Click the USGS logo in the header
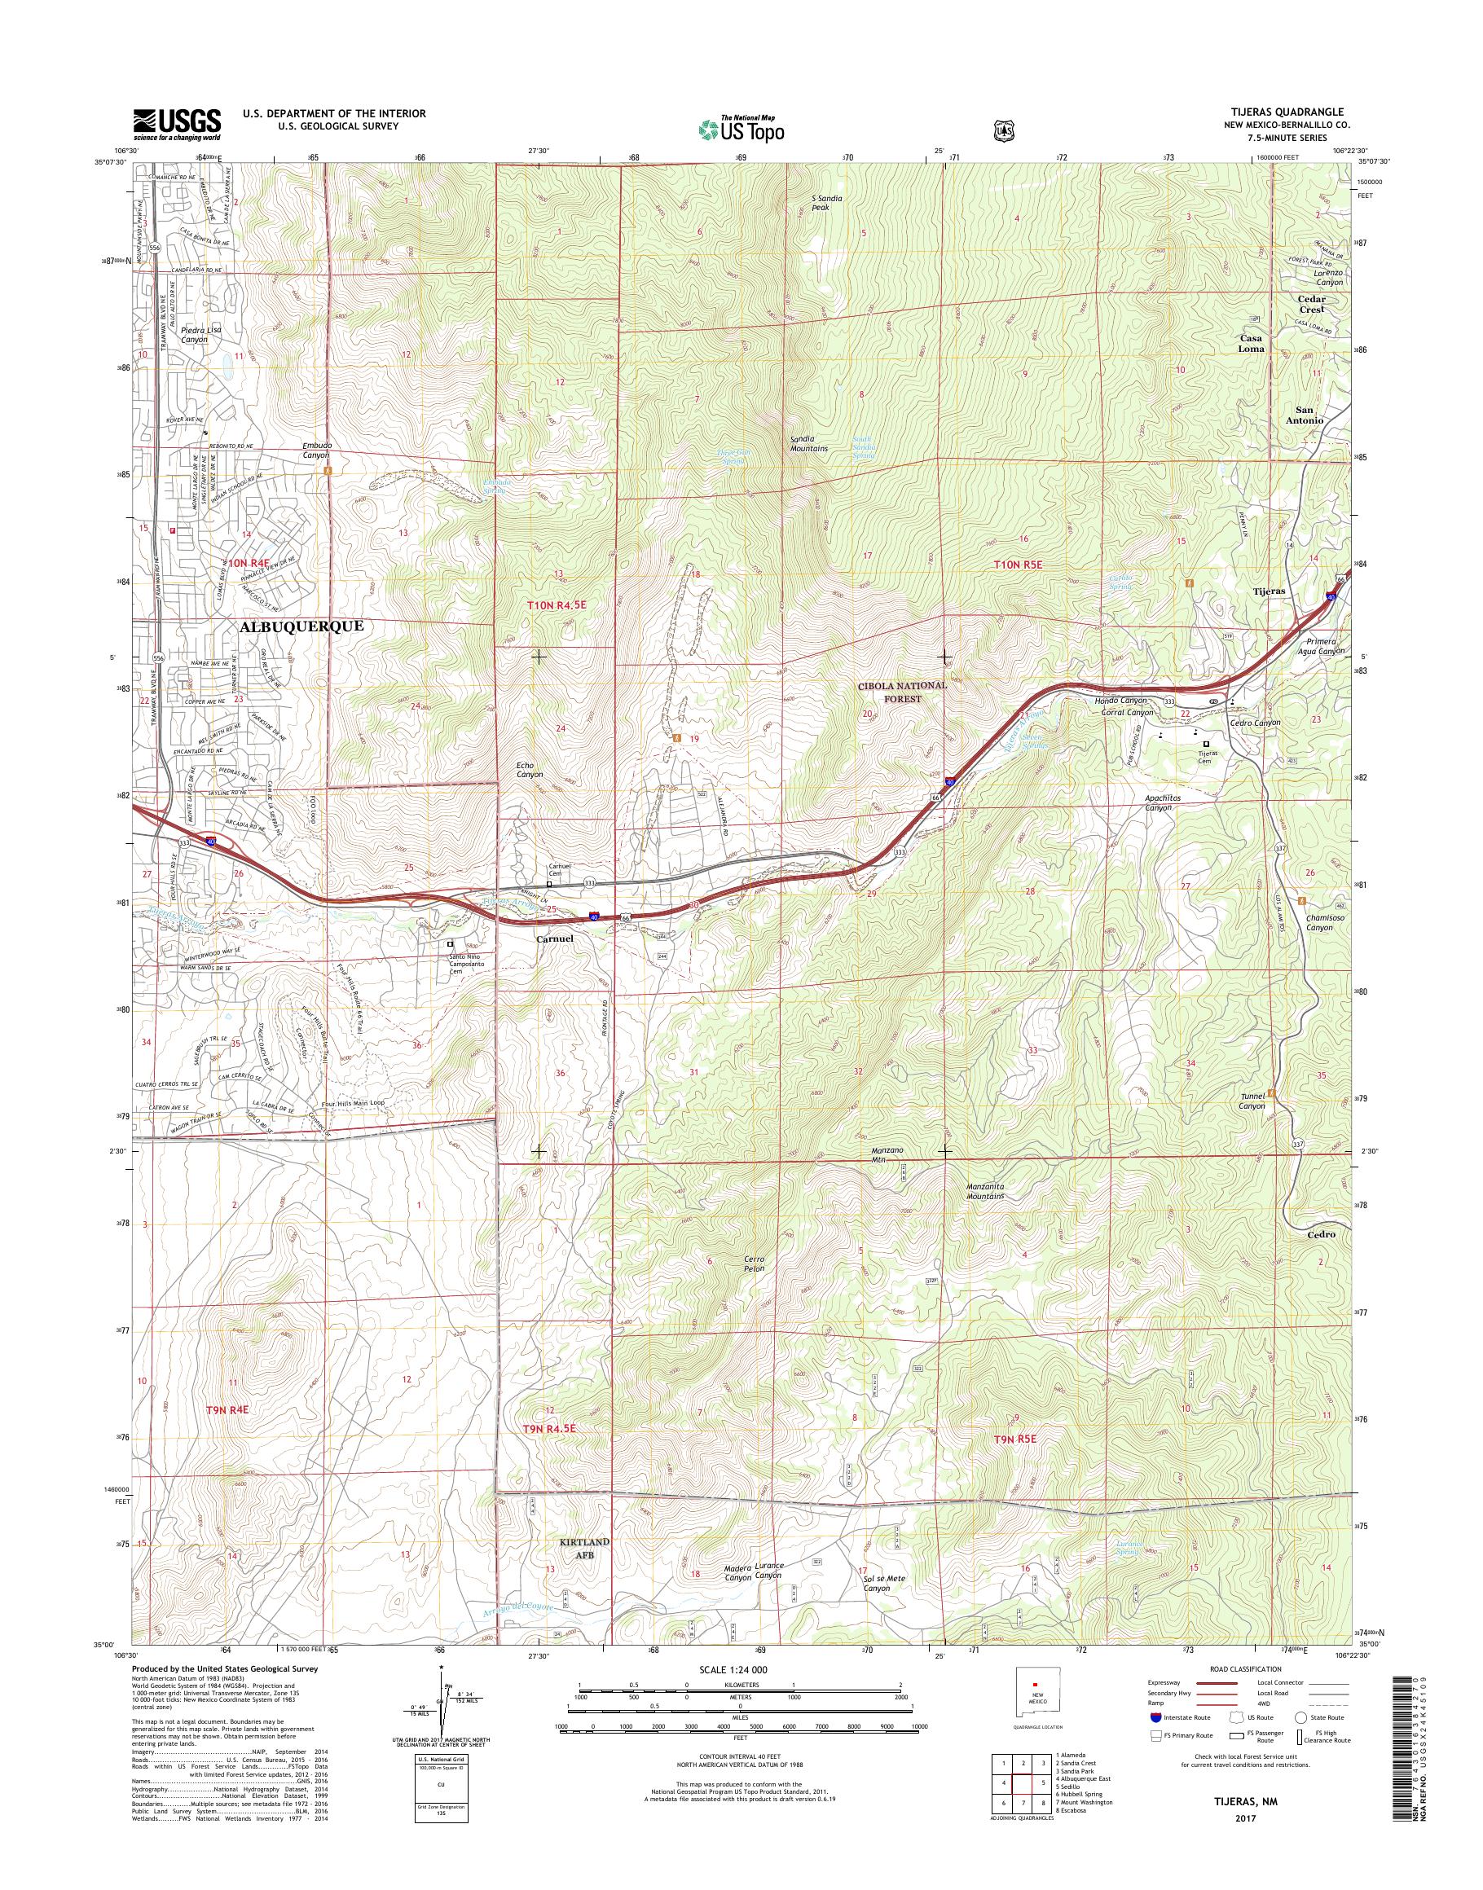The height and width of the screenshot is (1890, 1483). click(x=176, y=125)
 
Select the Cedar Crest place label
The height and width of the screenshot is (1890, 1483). click(x=1311, y=304)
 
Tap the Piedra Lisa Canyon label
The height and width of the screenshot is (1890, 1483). click(x=201, y=335)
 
